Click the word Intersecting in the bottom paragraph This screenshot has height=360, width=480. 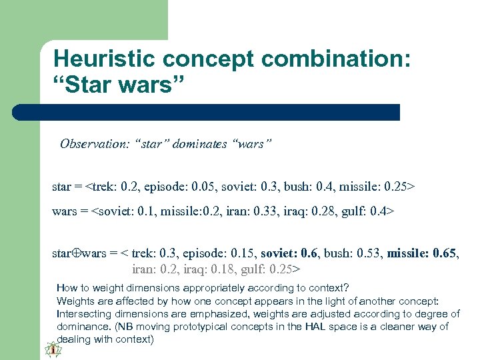83,313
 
